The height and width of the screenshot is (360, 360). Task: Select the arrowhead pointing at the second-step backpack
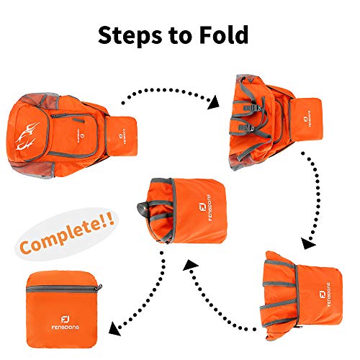coord(212,104)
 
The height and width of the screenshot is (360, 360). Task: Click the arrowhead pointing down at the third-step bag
coord(307,244)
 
